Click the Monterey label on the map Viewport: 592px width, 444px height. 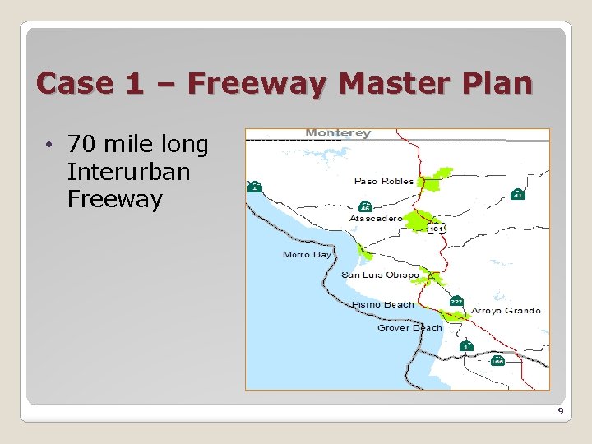click(x=338, y=133)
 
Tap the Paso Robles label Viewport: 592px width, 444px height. click(x=384, y=181)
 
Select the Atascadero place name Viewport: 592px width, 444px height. click(x=376, y=219)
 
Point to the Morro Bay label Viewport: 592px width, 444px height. click(x=307, y=255)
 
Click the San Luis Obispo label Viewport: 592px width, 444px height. click(x=379, y=275)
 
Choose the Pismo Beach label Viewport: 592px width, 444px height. click(x=383, y=304)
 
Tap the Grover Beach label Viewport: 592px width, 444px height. click(x=409, y=327)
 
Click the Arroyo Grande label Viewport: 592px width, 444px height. click(x=506, y=311)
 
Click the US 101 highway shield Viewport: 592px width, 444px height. click(x=437, y=229)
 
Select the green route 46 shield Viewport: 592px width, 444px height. click(x=365, y=206)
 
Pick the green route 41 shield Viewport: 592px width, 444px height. click(x=517, y=194)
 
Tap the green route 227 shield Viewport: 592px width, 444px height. click(x=456, y=302)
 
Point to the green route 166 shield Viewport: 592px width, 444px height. click(x=497, y=360)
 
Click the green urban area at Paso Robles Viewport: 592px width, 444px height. click(x=436, y=178)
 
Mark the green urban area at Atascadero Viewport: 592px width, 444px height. click(x=418, y=220)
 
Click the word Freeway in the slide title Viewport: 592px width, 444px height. click(x=254, y=83)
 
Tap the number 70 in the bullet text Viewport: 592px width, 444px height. click(x=81, y=145)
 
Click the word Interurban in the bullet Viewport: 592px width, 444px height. click(x=128, y=173)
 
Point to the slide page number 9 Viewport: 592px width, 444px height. click(x=560, y=411)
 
